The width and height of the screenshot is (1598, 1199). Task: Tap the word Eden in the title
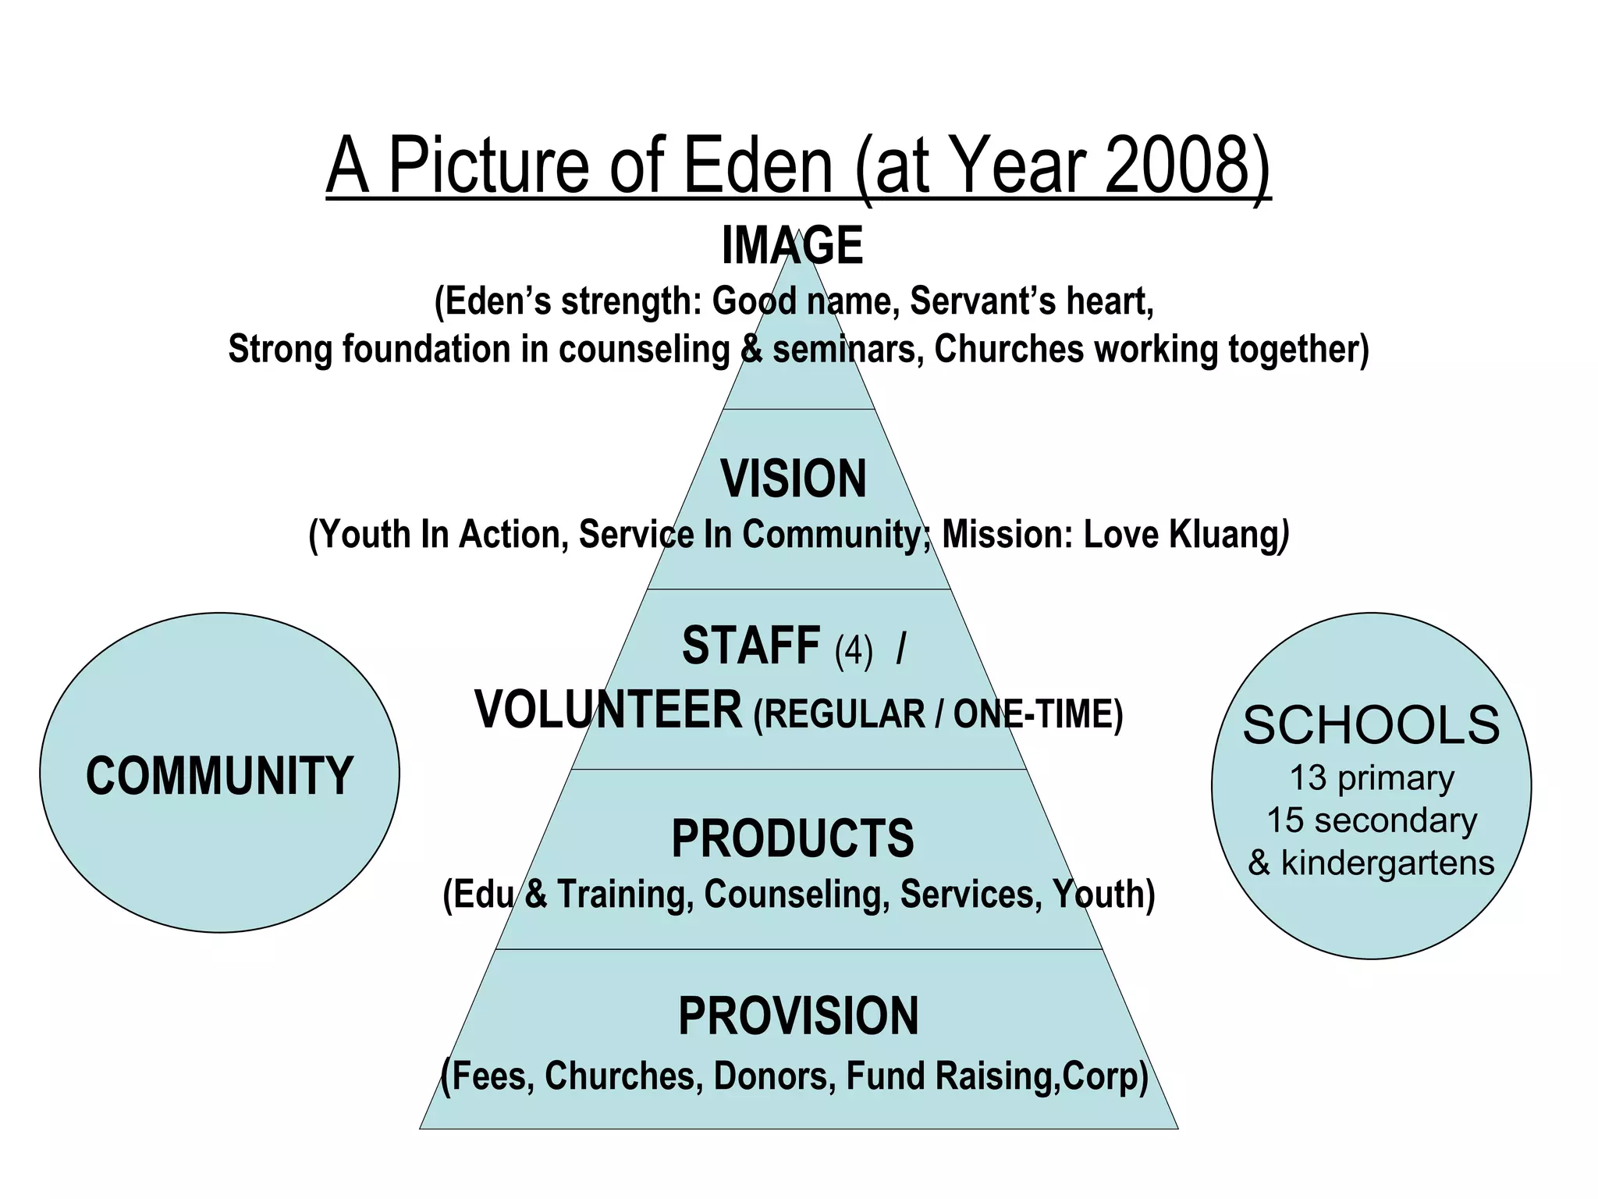click(758, 165)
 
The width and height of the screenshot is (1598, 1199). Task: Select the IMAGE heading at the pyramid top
click(792, 246)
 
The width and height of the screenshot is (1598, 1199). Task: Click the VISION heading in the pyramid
click(794, 479)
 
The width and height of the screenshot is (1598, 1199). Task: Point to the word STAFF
click(751, 646)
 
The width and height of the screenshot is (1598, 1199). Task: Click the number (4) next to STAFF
click(854, 650)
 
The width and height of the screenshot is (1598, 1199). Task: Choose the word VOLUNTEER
click(609, 710)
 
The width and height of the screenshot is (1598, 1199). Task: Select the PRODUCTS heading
click(793, 839)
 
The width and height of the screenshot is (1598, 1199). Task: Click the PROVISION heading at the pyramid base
click(798, 1016)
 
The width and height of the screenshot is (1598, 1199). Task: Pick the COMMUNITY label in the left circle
click(219, 776)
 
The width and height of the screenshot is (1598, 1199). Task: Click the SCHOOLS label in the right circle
click(1371, 725)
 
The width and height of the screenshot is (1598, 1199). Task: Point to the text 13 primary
click(1372, 778)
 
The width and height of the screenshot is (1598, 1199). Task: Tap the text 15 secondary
click(1372, 820)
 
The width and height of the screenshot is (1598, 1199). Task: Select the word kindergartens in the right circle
click(1387, 863)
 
